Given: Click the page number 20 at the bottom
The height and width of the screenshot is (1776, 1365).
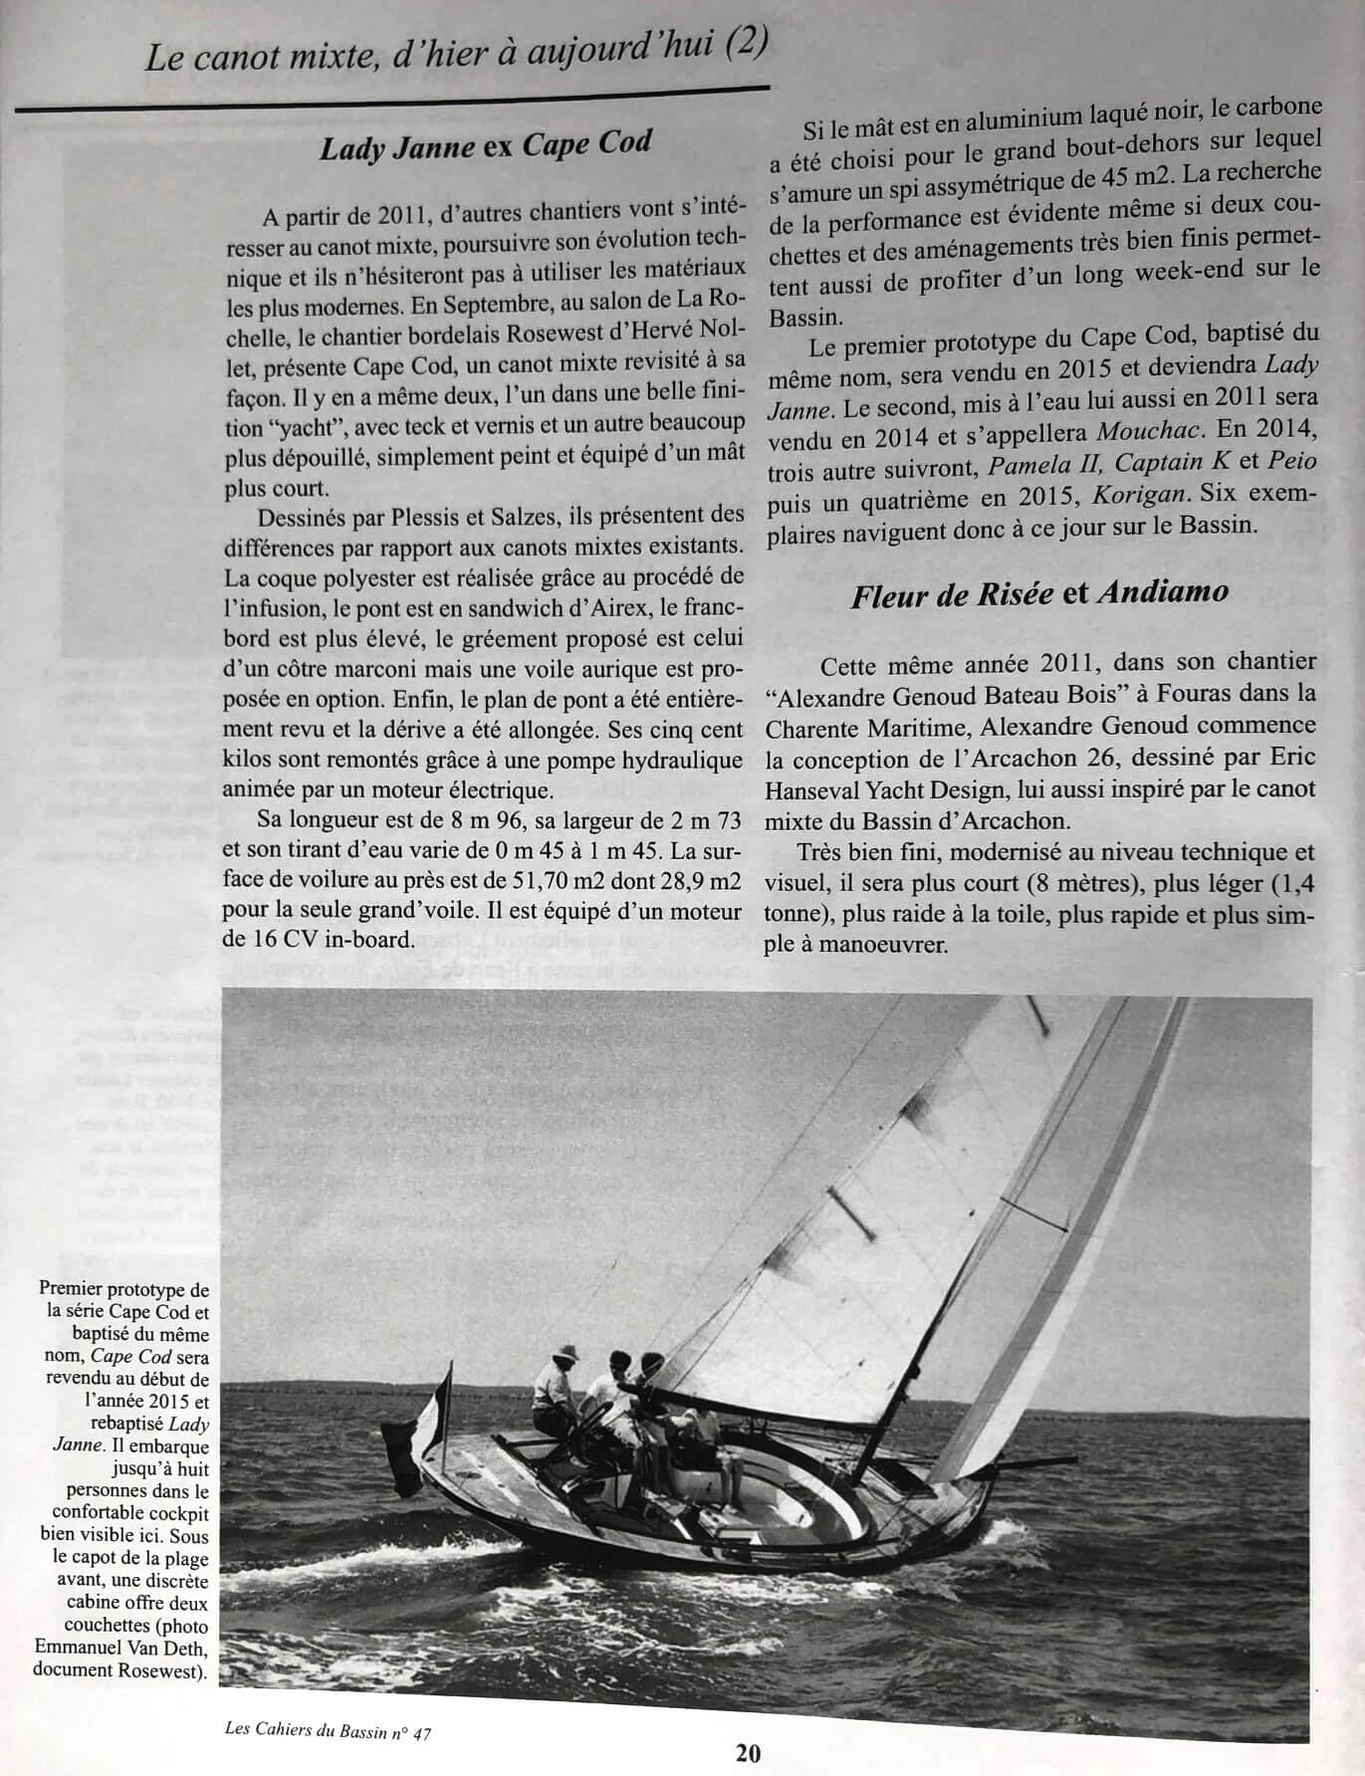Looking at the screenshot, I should [750, 1751].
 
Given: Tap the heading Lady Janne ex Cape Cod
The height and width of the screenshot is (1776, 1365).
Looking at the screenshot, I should [485, 146].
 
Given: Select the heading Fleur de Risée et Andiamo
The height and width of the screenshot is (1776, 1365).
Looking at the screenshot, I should [1039, 593].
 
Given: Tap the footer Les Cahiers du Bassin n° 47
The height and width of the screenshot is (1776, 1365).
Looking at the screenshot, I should [330, 1733].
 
